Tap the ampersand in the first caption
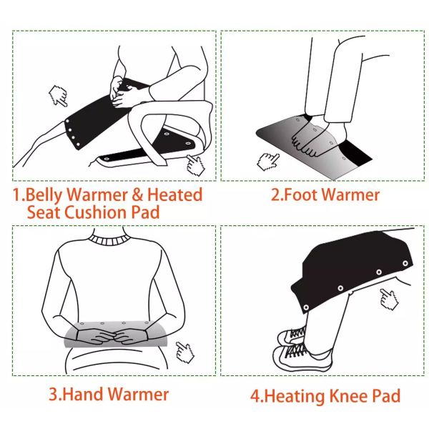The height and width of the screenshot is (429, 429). pyautogui.click(x=137, y=194)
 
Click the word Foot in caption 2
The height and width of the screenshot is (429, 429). pyautogui.click(x=300, y=194)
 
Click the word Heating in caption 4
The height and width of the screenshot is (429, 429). pyautogui.click(x=295, y=396)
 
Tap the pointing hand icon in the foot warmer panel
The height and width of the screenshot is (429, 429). pyautogui.click(x=267, y=161)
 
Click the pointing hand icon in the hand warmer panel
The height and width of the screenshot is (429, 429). pyautogui.click(x=185, y=352)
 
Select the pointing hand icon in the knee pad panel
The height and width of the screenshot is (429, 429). pyautogui.click(x=389, y=300)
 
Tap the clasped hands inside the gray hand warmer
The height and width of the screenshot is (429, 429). pyautogui.click(x=112, y=336)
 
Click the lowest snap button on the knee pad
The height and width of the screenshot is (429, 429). pyautogui.click(x=306, y=307)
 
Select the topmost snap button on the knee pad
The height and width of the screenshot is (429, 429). pyautogui.click(x=405, y=263)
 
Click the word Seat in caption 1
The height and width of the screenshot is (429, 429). pyautogui.click(x=44, y=212)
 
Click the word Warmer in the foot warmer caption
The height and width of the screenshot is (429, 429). pyautogui.click(x=350, y=194)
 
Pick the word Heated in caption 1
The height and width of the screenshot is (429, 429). pyautogui.click(x=175, y=194)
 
